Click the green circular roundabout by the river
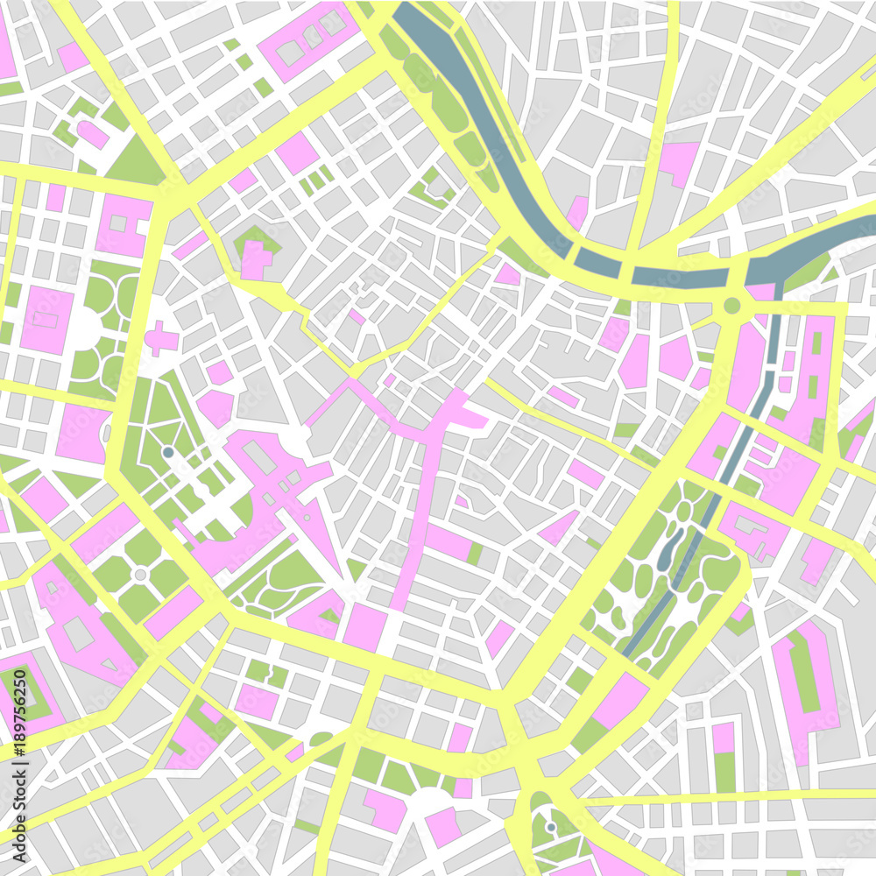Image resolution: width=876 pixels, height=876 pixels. tap(732, 306)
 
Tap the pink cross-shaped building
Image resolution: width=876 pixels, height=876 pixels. tap(160, 338)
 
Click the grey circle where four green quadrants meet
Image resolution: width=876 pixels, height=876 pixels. tap(140, 574)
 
